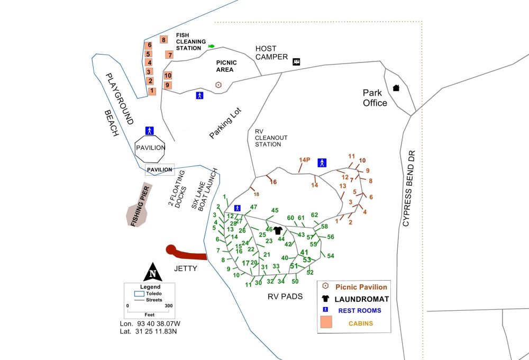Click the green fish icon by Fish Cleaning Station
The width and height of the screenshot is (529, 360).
(212, 46)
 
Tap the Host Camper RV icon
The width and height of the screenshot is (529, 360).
(297, 62)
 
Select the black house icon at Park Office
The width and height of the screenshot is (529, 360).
(396, 88)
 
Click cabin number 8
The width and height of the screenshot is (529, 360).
(164, 40)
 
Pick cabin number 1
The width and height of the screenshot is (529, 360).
(152, 91)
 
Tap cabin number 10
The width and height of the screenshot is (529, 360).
(168, 75)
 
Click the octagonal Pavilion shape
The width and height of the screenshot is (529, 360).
(150, 147)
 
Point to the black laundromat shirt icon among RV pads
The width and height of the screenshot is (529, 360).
(277, 230)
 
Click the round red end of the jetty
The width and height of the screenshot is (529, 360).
(171, 249)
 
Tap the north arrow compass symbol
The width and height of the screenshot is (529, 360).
(152, 272)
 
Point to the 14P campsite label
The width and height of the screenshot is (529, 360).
(304, 160)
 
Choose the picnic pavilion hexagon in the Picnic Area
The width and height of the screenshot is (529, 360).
(218, 85)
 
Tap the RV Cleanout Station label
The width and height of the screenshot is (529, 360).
(271, 138)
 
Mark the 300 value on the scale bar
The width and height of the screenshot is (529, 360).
(169, 306)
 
